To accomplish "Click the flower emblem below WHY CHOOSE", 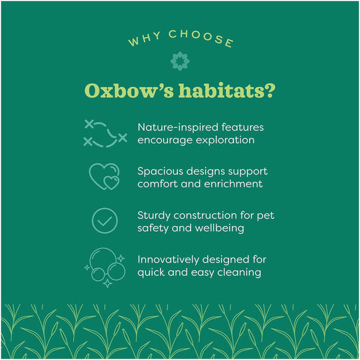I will tap(180, 61).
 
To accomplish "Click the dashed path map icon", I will tap(105, 133).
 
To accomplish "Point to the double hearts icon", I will tap(104, 176).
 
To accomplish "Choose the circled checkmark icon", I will tap(104, 220).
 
